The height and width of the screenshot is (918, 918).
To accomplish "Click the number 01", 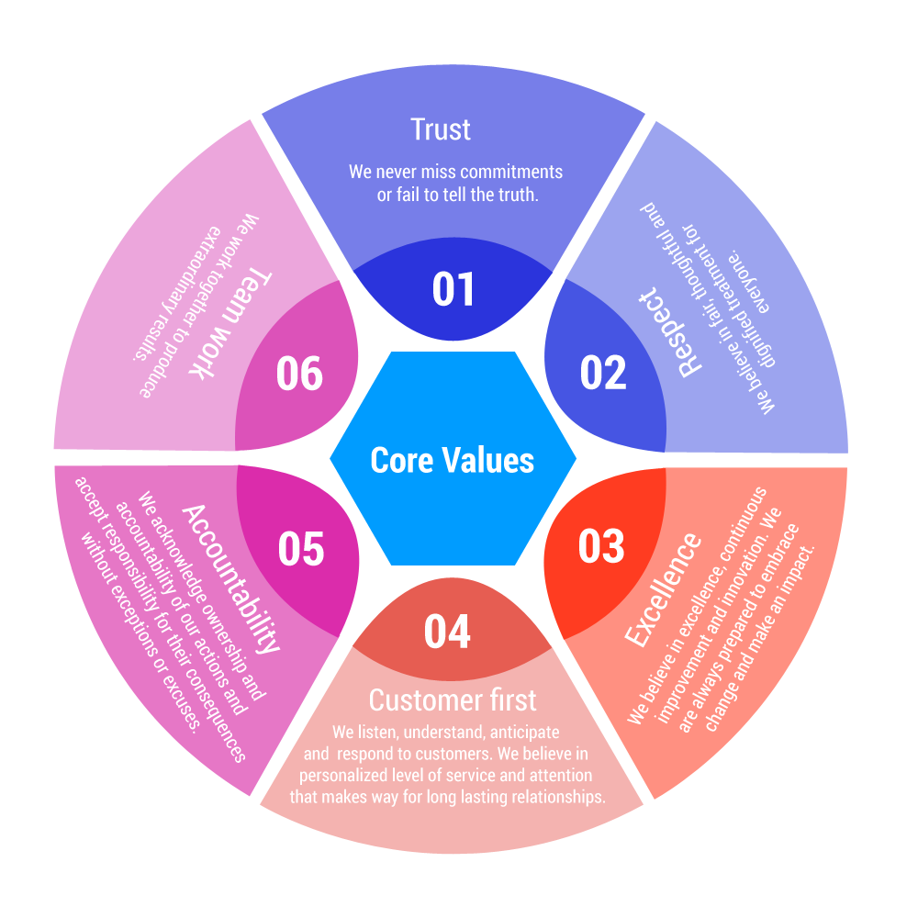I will pyautogui.click(x=453, y=289).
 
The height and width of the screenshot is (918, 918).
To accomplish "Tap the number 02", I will pyautogui.click(x=603, y=374).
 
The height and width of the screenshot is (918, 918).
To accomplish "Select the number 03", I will pyautogui.click(x=601, y=546).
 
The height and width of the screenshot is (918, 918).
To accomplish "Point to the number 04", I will pyautogui.click(x=447, y=633).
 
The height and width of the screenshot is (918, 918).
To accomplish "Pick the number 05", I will pyautogui.click(x=301, y=549).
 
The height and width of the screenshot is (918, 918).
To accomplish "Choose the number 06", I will pyautogui.click(x=300, y=375).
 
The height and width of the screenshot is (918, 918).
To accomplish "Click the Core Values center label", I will pyautogui.click(x=452, y=460).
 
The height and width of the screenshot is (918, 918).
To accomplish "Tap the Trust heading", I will pyautogui.click(x=441, y=129).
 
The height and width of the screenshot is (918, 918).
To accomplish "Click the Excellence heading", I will pyautogui.click(x=663, y=588).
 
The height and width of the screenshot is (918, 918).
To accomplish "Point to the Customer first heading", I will pyautogui.click(x=453, y=700).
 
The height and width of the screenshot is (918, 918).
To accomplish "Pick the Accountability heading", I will pyautogui.click(x=230, y=577).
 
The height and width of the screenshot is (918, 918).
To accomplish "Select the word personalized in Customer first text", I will pyautogui.click(x=342, y=776).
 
